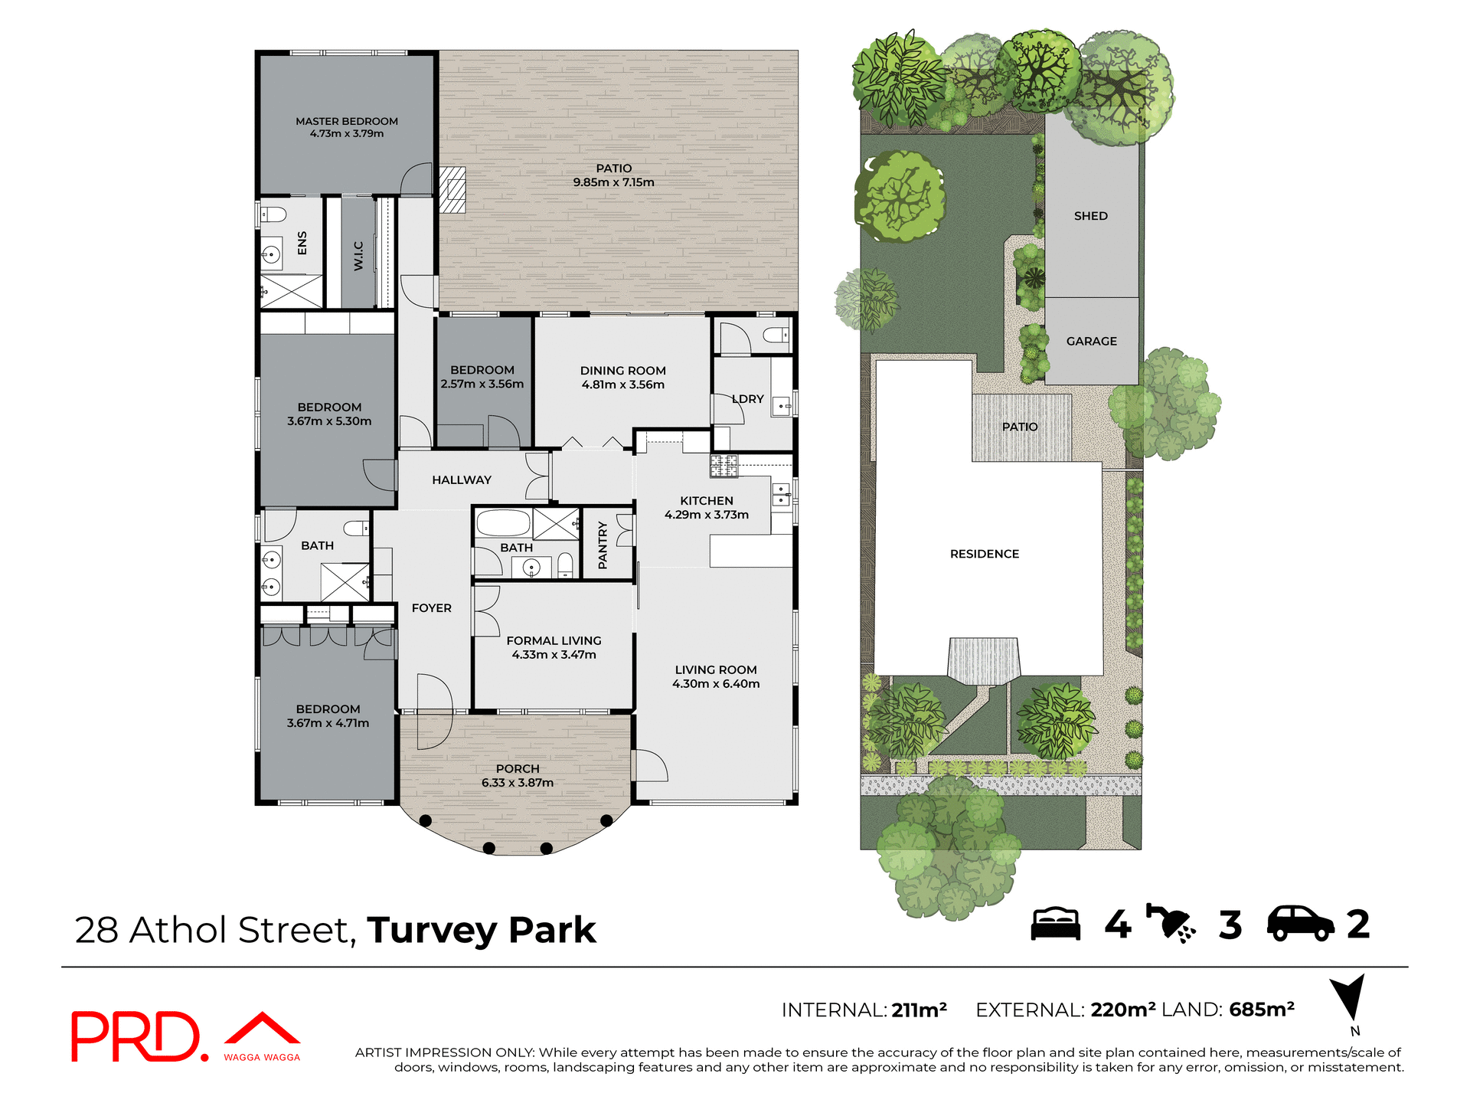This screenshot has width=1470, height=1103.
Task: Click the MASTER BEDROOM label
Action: point(347,122)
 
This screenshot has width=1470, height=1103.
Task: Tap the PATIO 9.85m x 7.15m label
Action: point(613,175)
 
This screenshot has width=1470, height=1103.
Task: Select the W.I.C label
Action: point(358,256)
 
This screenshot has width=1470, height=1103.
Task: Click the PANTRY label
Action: point(603,545)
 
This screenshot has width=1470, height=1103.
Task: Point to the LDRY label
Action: point(748,399)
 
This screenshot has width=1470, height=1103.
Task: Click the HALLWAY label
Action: point(461,480)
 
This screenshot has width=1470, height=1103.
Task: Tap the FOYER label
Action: point(431,608)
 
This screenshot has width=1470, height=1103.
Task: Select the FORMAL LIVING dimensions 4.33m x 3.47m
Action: point(554,655)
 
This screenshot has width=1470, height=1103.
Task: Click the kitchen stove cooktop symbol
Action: point(724,466)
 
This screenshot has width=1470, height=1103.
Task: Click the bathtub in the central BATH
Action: point(503,523)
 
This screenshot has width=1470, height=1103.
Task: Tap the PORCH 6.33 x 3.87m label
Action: point(518,776)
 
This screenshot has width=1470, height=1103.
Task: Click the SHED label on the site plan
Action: point(1090,216)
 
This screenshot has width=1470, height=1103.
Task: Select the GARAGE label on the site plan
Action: point(1091,342)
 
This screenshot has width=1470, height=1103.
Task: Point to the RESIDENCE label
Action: point(984,554)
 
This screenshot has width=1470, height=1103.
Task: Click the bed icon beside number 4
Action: point(1055,924)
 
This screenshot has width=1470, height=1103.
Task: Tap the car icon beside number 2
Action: point(1300,924)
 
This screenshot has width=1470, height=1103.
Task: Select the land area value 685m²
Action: point(1261,1010)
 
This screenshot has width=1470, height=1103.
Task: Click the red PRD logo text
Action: point(136,1037)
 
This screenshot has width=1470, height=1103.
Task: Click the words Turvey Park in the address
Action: point(481,931)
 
